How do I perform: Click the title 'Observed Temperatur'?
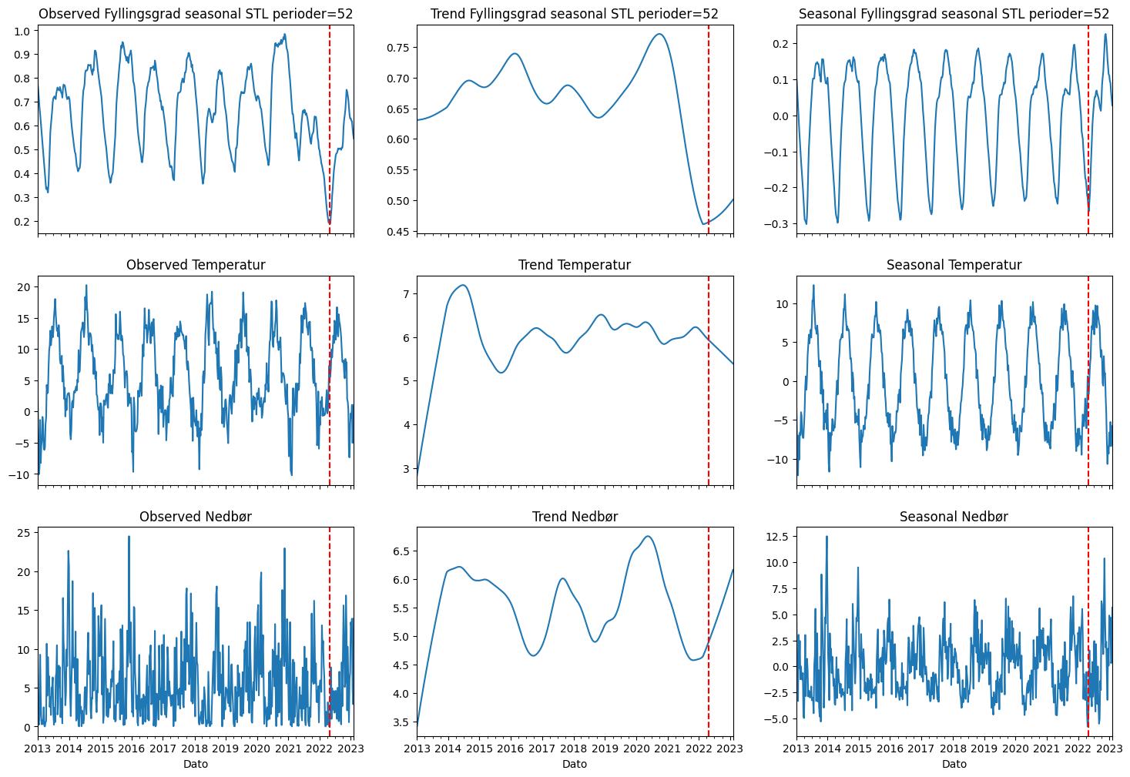[x=196, y=265]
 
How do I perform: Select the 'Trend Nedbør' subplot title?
[x=575, y=517]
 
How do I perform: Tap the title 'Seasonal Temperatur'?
[x=954, y=265]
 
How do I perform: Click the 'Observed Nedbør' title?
[x=196, y=517]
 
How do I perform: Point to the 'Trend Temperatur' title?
[x=575, y=265]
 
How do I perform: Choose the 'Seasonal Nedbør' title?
[x=954, y=517]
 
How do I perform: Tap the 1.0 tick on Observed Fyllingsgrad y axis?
[x=23, y=31]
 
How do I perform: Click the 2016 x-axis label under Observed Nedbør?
[x=132, y=749]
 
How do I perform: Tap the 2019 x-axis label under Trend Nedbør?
[x=605, y=749]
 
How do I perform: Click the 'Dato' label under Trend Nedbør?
[x=575, y=764]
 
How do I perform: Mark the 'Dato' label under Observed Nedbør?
[x=196, y=764]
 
